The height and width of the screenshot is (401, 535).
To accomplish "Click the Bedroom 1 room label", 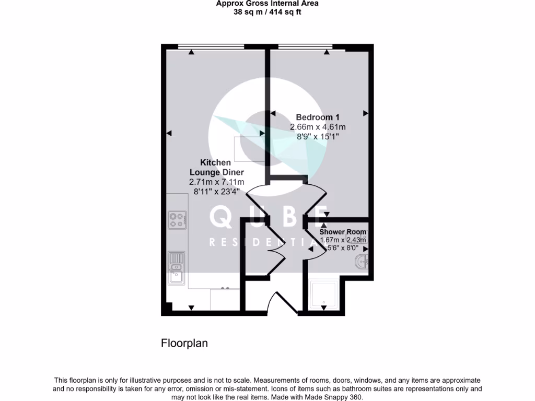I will pos(318,117).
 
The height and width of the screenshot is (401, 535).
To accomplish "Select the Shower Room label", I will pos(343,232).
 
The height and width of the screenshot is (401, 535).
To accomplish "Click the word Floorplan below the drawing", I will pos(184,343).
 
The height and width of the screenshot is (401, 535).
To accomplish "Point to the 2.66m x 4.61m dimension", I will pos(318,127).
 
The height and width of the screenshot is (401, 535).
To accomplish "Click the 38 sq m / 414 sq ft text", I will pos(267,11).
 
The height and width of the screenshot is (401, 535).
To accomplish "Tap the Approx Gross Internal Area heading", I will pos(267,3).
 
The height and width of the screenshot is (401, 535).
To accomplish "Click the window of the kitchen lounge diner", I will pos(211,46).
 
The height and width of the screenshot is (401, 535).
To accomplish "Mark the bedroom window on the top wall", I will pos(306,46).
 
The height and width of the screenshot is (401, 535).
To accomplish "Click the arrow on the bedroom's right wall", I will pos(366,113).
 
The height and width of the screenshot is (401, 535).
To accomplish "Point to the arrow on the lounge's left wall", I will pos(169,134).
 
